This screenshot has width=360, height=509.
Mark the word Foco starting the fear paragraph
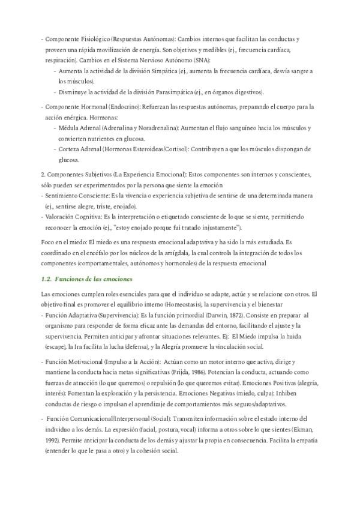tap(49, 242)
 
